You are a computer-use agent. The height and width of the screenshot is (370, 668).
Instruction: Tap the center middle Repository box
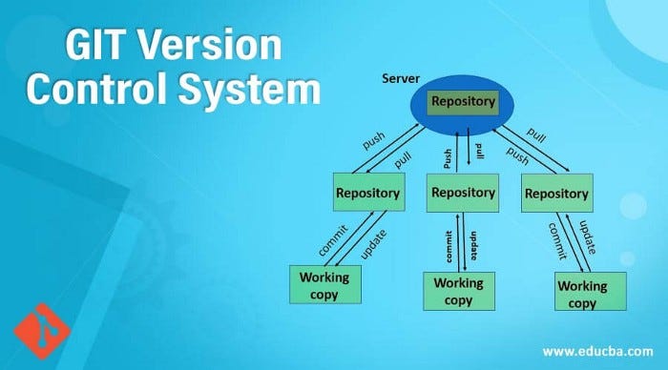pos(463,193)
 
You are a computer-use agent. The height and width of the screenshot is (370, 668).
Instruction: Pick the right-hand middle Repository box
pos(556,195)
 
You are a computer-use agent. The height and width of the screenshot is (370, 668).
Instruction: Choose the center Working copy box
pos(459,291)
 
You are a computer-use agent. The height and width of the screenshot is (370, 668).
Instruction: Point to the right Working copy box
pos(582,293)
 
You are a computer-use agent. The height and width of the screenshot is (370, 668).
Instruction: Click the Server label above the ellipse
pos(401,77)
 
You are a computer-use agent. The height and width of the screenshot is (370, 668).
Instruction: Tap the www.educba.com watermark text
pos(605,349)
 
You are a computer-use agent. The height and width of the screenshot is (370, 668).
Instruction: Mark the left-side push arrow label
pos(374,141)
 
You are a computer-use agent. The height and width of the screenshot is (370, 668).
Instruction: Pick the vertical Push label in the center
pos(447,154)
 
